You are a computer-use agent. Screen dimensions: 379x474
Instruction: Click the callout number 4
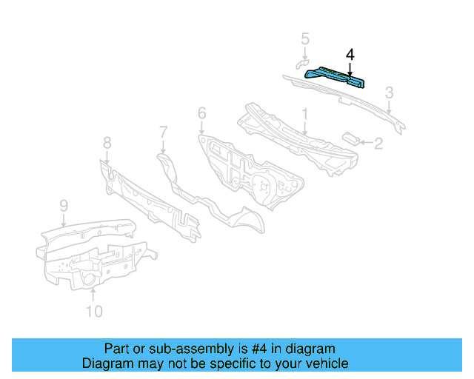tap(350, 55)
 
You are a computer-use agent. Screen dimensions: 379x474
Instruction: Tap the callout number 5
tap(305, 38)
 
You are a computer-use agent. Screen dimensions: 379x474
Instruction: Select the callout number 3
tap(389, 93)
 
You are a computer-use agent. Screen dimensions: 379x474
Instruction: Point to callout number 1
tap(304, 114)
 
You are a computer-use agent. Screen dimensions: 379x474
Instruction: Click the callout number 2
tap(378, 143)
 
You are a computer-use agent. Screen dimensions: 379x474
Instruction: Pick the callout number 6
tap(201, 113)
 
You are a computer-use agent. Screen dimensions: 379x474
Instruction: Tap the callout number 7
tap(164, 133)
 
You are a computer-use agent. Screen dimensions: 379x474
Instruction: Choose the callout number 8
tap(107, 142)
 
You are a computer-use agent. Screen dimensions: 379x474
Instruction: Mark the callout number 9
tap(64, 205)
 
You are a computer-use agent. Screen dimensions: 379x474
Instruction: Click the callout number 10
tap(93, 311)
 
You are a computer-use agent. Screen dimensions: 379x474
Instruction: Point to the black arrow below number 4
tap(350, 67)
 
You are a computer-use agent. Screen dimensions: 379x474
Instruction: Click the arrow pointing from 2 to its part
tap(364, 141)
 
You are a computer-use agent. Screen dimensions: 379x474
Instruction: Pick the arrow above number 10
tap(93, 295)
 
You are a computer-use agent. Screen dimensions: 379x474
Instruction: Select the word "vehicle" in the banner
tap(324, 363)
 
